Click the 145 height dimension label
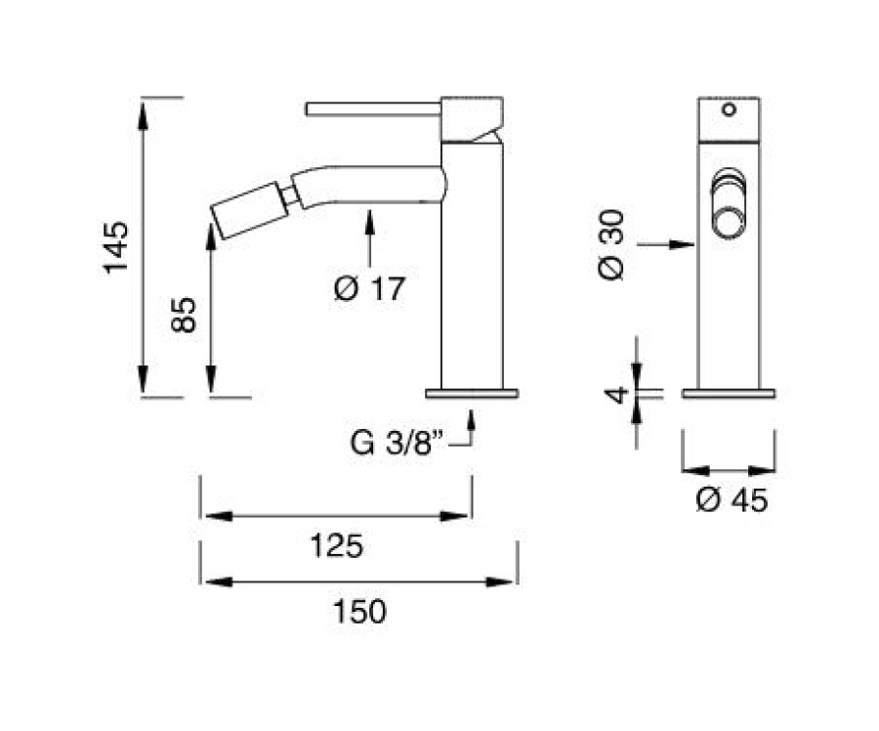click(x=116, y=247)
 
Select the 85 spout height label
click(x=184, y=315)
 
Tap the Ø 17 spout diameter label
click(x=369, y=289)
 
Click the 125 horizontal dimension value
click(x=337, y=546)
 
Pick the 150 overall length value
click(x=359, y=612)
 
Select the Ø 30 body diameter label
click(x=611, y=244)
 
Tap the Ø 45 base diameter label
click(x=732, y=499)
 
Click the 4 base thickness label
click(x=617, y=395)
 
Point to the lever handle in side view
click(x=373, y=108)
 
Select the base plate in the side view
click(x=472, y=393)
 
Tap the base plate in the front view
click(x=729, y=393)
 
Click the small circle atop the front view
click(x=729, y=109)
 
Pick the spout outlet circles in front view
click(x=729, y=203)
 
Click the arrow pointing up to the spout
click(x=369, y=238)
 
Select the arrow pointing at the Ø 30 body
click(x=666, y=244)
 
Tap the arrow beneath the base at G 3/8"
click(x=471, y=427)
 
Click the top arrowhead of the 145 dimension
click(x=143, y=115)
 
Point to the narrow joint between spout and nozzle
click(x=290, y=196)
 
